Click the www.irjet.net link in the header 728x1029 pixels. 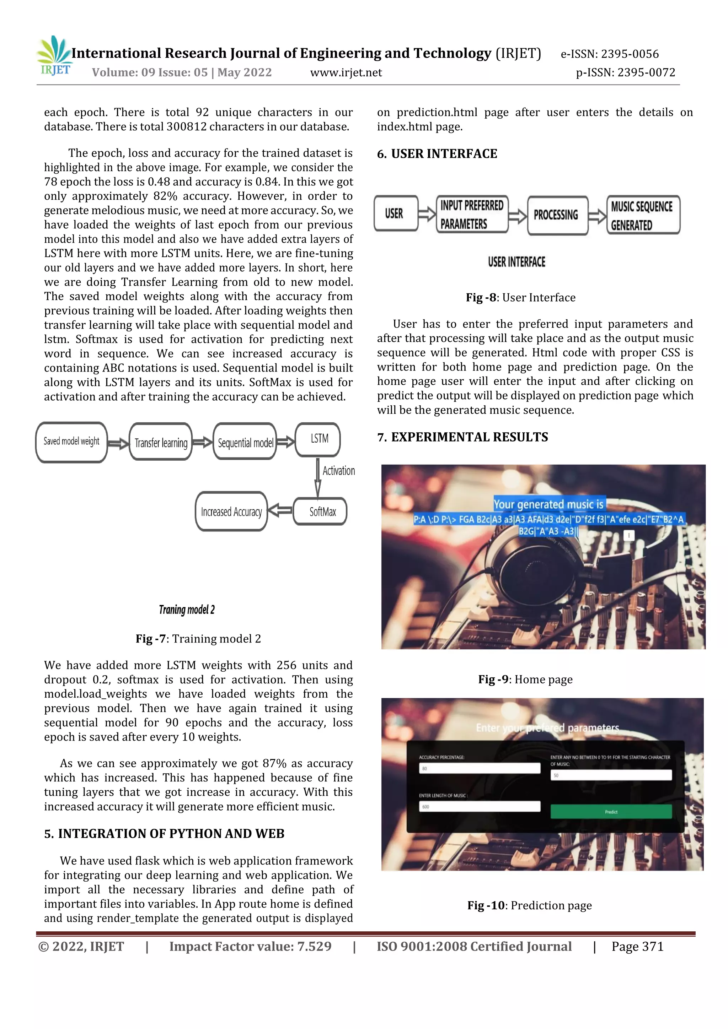coord(346,72)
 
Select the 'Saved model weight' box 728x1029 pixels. coord(71,442)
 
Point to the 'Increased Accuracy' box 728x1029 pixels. coord(231,512)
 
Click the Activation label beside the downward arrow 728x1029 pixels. coord(339,471)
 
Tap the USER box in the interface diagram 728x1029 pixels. coord(396,214)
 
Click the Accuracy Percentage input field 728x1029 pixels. coord(479,768)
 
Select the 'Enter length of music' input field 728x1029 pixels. coord(479,807)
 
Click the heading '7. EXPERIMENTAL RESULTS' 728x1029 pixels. coord(462,437)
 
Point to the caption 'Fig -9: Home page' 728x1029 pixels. coord(525,679)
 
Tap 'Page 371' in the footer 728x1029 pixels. coord(637,947)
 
